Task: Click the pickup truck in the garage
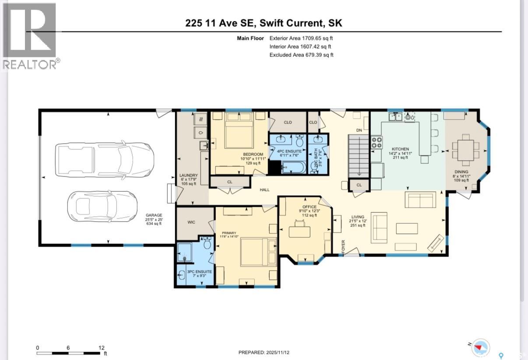pyautogui.click(x=104, y=159)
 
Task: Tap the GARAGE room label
pyautogui.click(x=154, y=215)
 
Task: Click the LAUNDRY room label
pyautogui.click(x=186, y=175)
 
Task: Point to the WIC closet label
pyautogui.click(x=191, y=222)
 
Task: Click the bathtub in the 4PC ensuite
pyautogui.click(x=293, y=167)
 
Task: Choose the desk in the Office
pyautogui.click(x=299, y=231)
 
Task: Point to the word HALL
pyautogui.click(x=264, y=190)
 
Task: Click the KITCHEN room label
pyautogui.click(x=401, y=149)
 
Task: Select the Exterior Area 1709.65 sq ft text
pyautogui.click(x=301, y=38)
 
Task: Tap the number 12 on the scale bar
pyautogui.click(x=102, y=348)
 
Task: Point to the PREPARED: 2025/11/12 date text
pyautogui.click(x=264, y=352)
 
